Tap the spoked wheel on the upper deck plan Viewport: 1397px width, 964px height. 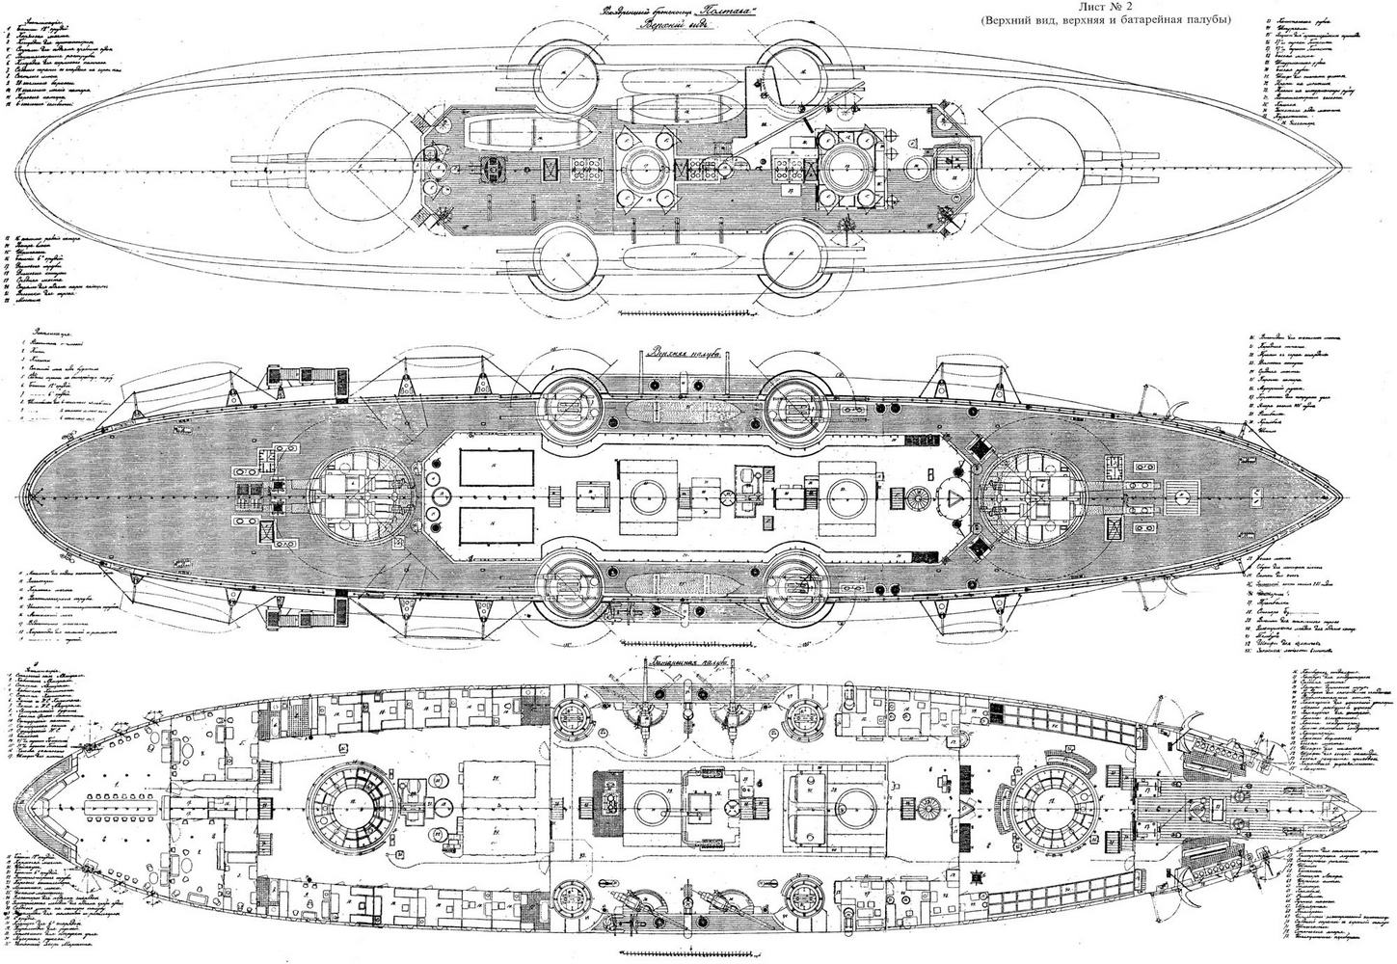[x=918, y=497]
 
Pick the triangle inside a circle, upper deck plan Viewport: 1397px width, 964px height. [x=954, y=496]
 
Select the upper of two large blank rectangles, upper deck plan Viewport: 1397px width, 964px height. [x=496, y=469]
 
